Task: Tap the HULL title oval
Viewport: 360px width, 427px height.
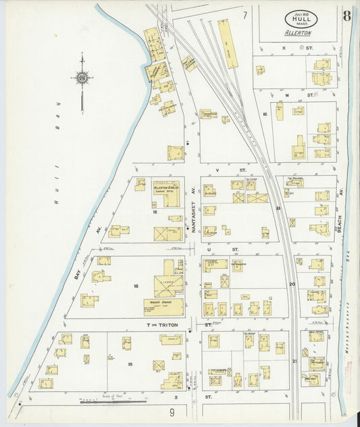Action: coord(298,19)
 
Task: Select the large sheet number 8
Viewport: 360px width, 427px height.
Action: coord(346,16)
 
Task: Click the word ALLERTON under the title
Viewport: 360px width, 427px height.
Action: coord(298,33)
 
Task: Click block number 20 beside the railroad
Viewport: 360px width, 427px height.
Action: coord(292,284)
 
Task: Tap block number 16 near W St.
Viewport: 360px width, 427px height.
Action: coord(265,114)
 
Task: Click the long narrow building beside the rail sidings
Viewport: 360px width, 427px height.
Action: coord(232,44)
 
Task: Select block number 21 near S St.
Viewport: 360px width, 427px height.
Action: coord(294,361)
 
